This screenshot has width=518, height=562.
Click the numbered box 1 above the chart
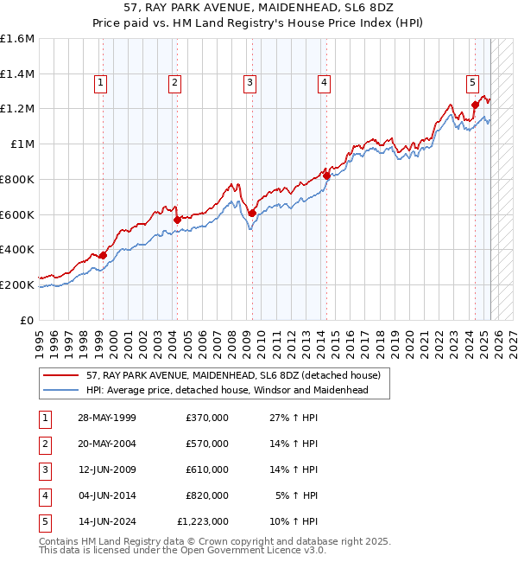[x=101, y=83]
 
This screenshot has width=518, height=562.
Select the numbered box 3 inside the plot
[x=250, y=83]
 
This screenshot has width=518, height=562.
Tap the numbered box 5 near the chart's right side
[x=473, y=83]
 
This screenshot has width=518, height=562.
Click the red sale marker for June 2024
[x=475, y=105]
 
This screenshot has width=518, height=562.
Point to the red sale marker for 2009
[x=252, y=213]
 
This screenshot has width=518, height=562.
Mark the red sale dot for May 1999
[x=103, y=255]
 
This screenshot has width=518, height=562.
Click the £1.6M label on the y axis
[x=17, y=39]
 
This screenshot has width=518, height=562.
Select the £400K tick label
[x=17, y=249]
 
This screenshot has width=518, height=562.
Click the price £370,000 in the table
[x=207, y=418]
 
